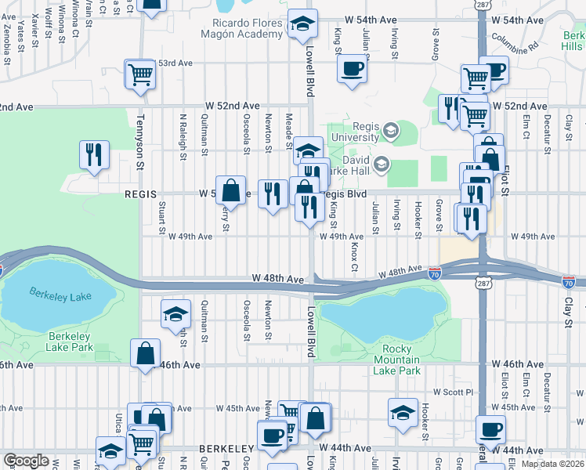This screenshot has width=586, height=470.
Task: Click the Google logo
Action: (x=26, y=461)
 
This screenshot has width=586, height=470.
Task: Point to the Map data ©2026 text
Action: (x=553, y=464)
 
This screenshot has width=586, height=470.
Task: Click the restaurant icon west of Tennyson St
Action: (x=94, y=154)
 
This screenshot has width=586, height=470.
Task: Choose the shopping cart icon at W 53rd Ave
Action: (x=140, y=74)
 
